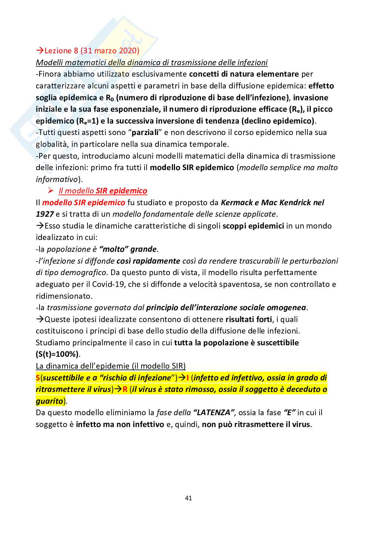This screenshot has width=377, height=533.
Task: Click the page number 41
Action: pyautogui.click(x=188, y=498)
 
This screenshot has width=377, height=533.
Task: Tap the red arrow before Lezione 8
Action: pyautogui.click(x=40, y=51)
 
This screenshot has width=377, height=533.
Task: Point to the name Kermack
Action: pyautogui.click(x=235, y=203)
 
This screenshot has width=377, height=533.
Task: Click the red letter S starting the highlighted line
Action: pyautogui.click(x=38, y=378)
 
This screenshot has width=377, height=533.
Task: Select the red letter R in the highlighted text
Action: pyautogui.click(x=125, y=389)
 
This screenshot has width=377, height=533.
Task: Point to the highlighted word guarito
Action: pyautogui.click(x=50, y=401)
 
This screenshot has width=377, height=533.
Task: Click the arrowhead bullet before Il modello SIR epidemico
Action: pyautogui.click(x=51, y=191)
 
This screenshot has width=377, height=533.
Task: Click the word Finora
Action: pyautogui.click(x=50, y=74)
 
